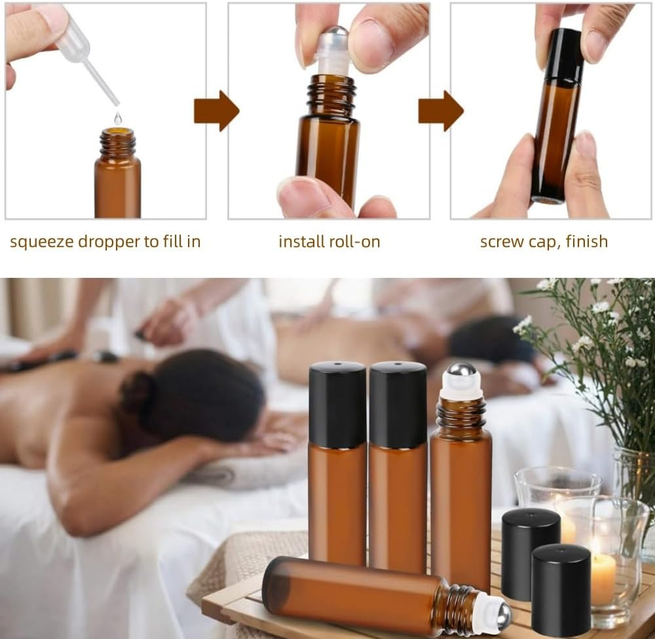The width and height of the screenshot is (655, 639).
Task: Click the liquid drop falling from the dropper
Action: click(x=118, y=118)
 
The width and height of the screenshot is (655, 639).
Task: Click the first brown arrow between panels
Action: click(x=216, y=110)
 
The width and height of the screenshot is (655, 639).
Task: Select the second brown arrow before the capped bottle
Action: click(x=441, y=110)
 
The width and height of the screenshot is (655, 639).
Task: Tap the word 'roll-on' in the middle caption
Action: click(x=354, y=242)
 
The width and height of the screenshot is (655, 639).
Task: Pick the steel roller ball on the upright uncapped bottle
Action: click(x=461, y=373)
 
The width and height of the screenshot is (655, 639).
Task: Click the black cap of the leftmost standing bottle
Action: click(x=337, y=404)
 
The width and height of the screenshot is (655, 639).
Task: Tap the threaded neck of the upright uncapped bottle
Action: click(x=461, y=413)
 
